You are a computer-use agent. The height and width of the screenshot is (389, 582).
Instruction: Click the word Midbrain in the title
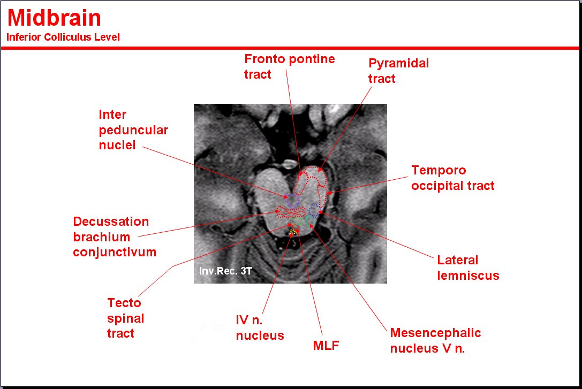[54, 19]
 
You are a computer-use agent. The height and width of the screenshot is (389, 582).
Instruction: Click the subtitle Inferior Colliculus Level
[63, 37]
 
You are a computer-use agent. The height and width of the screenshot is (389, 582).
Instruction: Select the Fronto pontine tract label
[289, 66]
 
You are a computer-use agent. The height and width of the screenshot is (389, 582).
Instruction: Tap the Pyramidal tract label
[398, 71]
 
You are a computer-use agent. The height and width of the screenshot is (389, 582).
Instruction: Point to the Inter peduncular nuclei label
[133, 130]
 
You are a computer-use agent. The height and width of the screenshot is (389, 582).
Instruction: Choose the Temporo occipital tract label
[452, 178]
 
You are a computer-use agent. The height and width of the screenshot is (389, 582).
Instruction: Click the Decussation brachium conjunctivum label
[115, 237]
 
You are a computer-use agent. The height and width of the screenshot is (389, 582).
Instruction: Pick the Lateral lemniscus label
[468, 268]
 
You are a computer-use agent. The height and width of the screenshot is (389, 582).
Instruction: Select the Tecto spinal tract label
[126, 318]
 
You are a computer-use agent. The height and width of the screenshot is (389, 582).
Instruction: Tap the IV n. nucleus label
[260, 328]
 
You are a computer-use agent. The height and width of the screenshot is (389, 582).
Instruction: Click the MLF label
[326, 346]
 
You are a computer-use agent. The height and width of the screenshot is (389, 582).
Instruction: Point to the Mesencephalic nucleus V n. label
[435, 341]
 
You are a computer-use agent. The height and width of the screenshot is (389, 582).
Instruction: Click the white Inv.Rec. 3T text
[225, 271]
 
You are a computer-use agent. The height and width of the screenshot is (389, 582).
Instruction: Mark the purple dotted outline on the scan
[292, 200]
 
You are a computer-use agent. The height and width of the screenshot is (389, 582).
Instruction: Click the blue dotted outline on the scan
[314, 209]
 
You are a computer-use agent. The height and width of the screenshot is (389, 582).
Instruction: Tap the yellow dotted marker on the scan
[292, 231]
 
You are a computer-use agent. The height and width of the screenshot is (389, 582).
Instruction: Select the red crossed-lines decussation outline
[289, 212]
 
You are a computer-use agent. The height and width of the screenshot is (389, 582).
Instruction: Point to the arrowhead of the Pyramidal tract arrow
[323, 169]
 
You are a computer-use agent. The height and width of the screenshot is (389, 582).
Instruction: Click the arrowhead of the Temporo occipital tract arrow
[329, 193]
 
